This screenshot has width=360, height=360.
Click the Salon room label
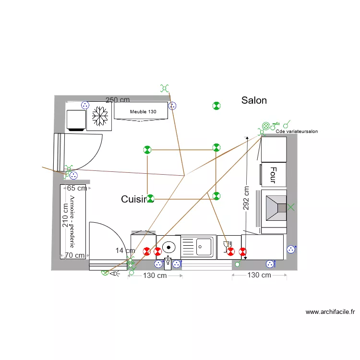point(254,100)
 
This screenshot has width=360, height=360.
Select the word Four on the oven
point(273,175)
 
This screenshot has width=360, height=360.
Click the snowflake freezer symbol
point(100,116)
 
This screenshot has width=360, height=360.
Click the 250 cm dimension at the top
point(118,100)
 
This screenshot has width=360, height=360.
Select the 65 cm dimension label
point(77,188)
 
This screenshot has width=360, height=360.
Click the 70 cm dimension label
point(74,255)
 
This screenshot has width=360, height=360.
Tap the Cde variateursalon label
point(297,132)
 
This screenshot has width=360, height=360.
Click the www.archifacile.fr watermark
point(330,312)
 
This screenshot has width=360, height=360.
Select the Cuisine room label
point(134,199)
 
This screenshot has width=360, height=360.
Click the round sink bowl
point(168,247)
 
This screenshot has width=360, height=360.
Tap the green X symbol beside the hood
point(291,207)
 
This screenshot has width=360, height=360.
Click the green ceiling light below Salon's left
point(216,106)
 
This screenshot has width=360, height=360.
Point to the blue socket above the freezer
point(85,105)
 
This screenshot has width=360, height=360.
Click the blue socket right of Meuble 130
point(172,106)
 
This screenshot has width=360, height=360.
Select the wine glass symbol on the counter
point(226,246)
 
